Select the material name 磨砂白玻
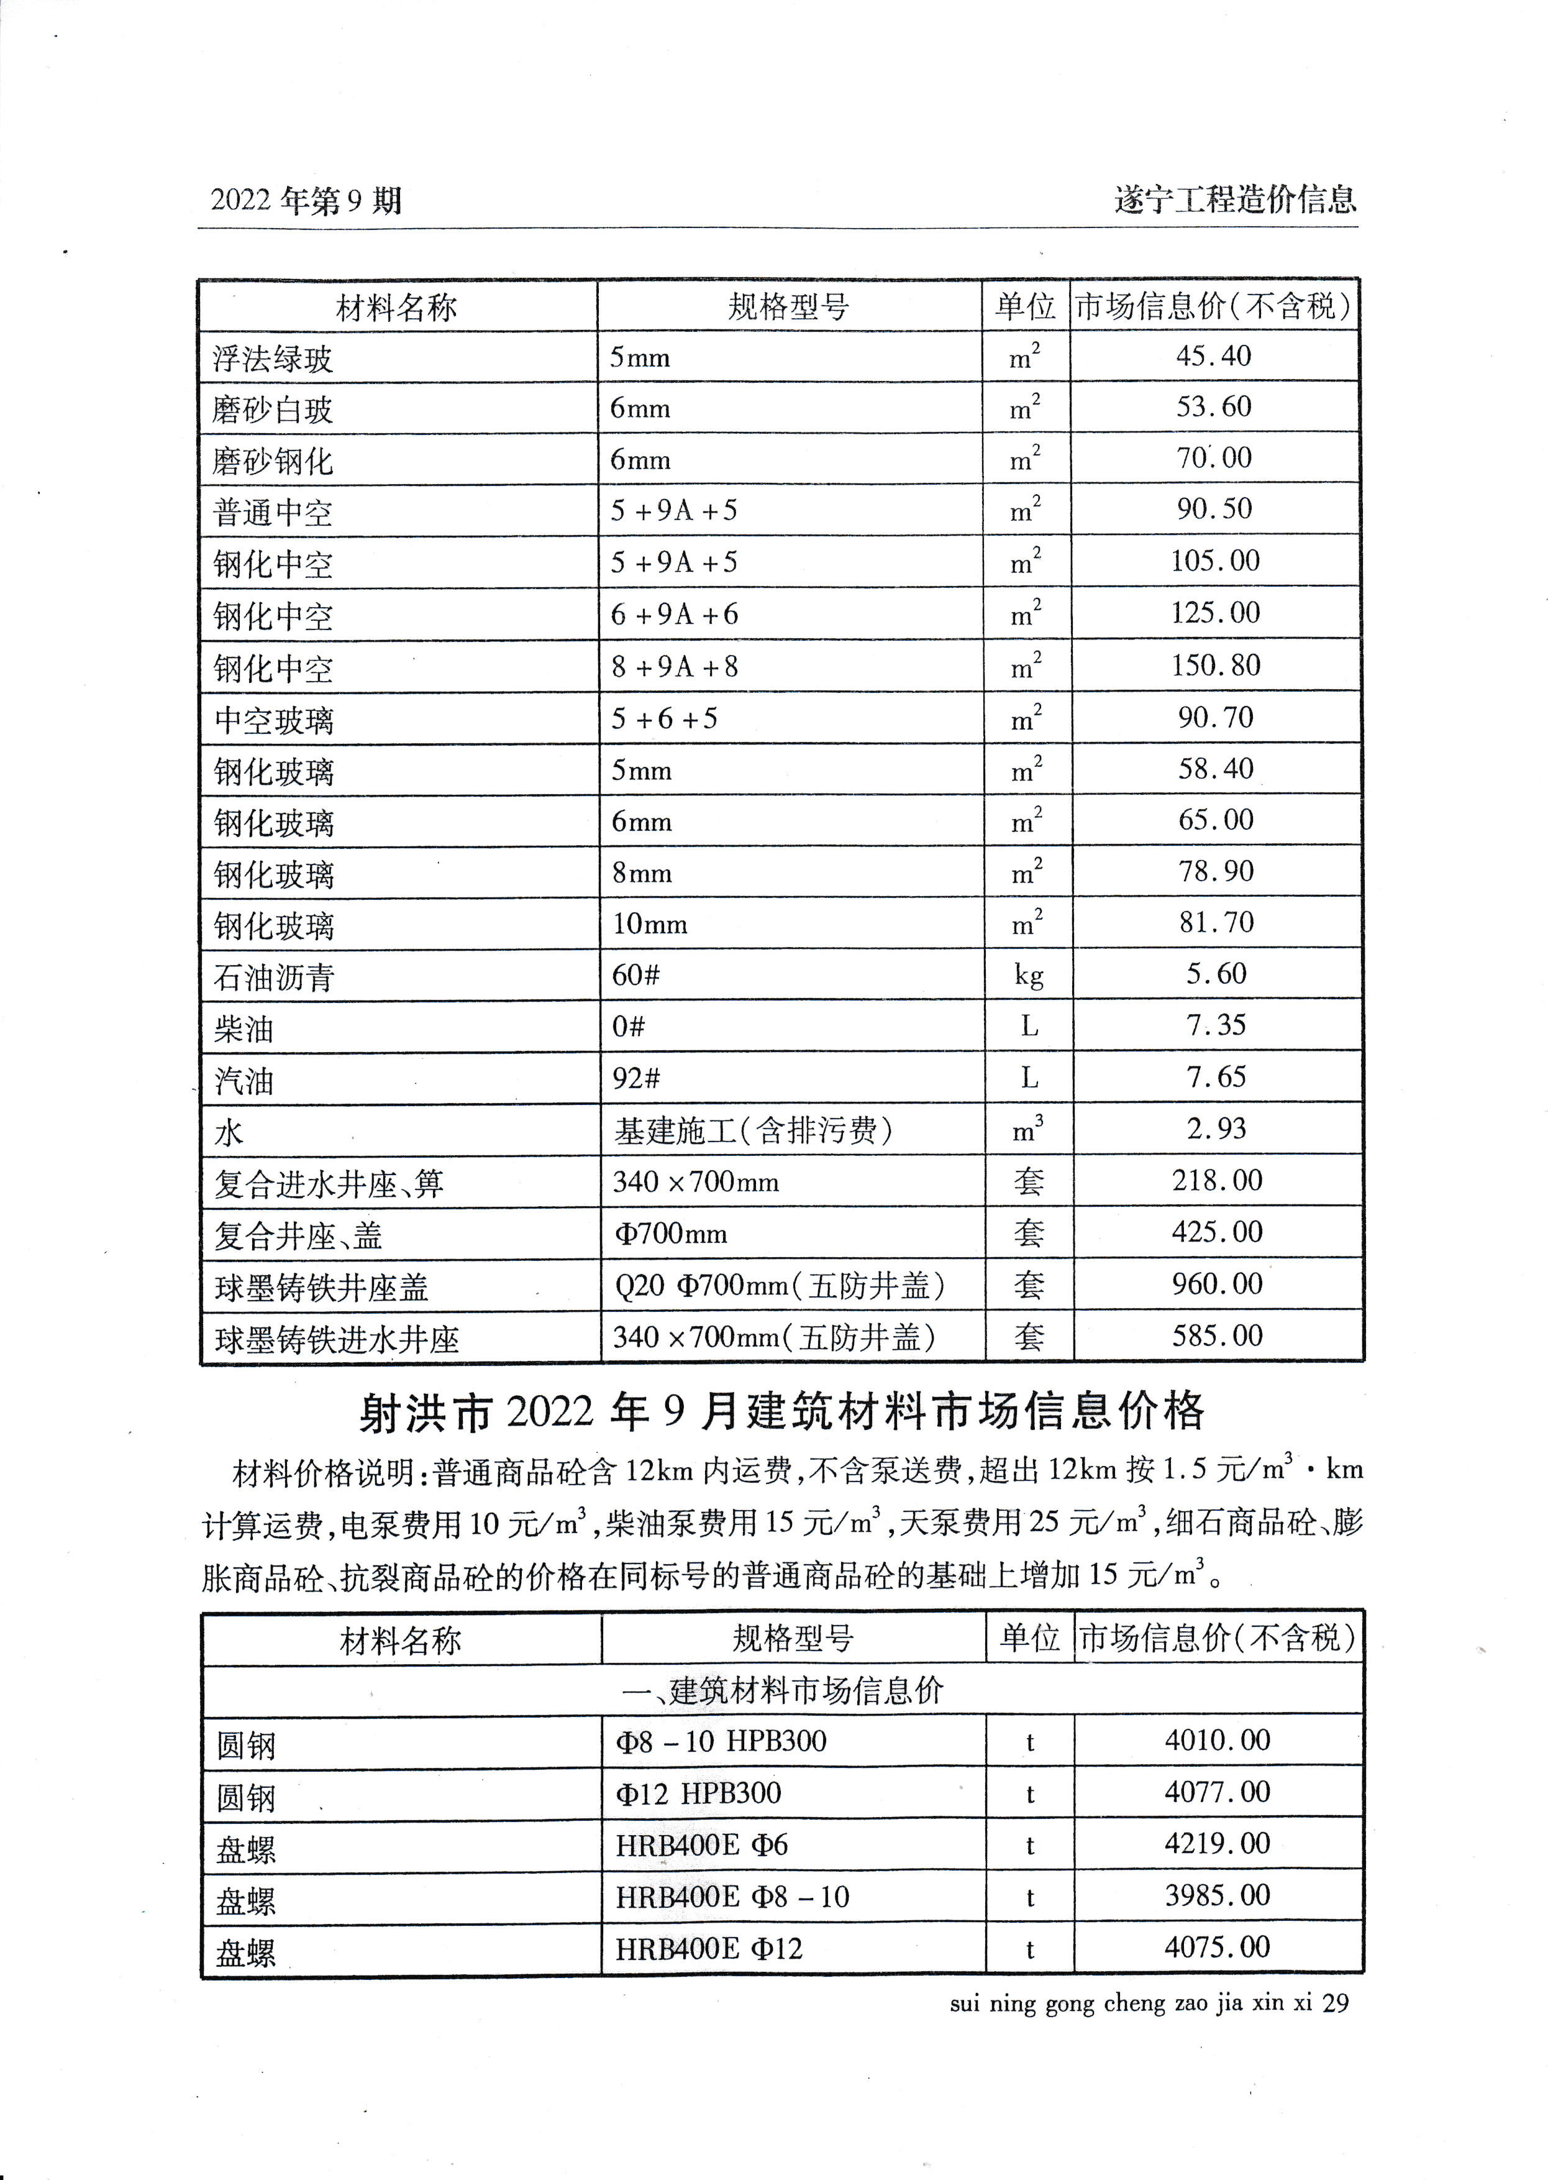(x=273, y=410)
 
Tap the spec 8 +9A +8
(x=675, y=667)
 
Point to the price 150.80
(x=1215, y=666)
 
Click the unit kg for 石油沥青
(x=1029, y=974)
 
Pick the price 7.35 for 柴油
(x=1216, y=1026)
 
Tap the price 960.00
(x=1218, y=1285)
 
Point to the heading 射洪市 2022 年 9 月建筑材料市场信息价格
(x=781, y=1413)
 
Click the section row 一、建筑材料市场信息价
(x=781, y=1692)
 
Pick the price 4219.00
(x=1218, y=1843)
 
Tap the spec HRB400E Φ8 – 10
(x=732, y=1897)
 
